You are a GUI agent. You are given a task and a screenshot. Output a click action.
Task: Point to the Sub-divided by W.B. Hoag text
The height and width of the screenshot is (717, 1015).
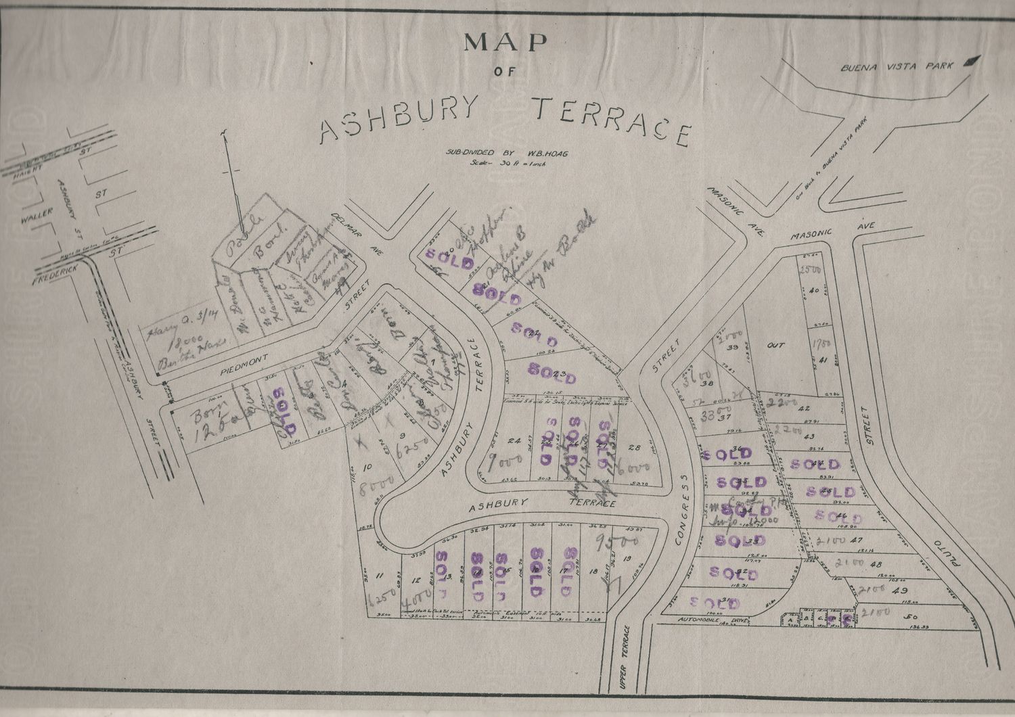pyautogui.click(x=504, y=153)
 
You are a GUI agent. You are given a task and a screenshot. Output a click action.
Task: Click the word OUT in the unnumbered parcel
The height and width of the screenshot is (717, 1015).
pyautogui.click(x=775, y=346)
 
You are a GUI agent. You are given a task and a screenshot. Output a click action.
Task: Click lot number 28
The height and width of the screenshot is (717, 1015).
pyautogui.click(x=634, y=447)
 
